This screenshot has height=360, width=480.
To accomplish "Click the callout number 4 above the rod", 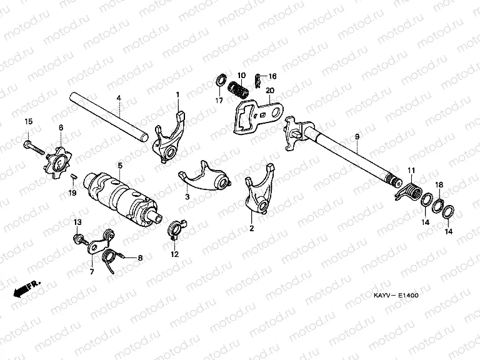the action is click(x=118, y=98).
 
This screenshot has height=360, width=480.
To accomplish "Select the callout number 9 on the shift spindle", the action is click(x=357, y=136).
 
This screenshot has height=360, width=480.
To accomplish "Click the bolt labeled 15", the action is click(x=32, y=147).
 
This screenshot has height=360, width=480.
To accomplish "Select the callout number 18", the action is click(x=439, y=185).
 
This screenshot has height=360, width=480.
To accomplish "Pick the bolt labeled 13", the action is click(x=79, y=238).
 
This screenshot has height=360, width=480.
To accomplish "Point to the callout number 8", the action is click(x=141, y=257).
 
